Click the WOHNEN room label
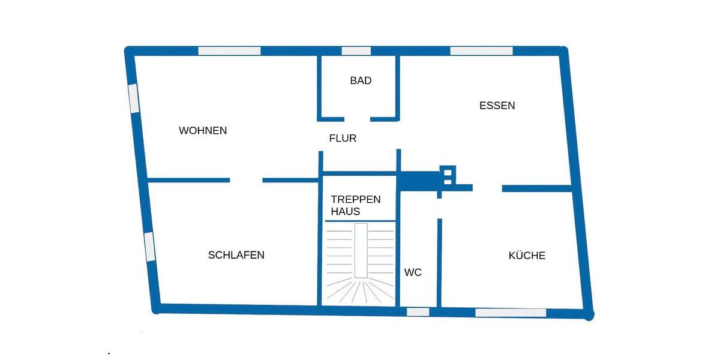(x=203, y=130)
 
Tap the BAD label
(x=361, y=80)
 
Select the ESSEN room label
(x=497, y=106)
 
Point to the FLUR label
(x=343, y=138)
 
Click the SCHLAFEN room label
(x=236, y=255)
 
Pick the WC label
(x=413, y=272)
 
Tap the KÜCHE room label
(x=527, y=256)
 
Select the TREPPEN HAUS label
(x=355, y=205)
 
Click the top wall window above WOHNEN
(x=229, y=51)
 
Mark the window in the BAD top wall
(x=356, y=51)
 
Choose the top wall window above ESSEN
(x=481, y=51)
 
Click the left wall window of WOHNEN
(x=134, y=98)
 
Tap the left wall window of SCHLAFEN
(x=149, y=246)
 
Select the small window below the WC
(x=418, y=312)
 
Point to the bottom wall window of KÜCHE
(x=511, y=313)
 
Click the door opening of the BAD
(x=357, y=119)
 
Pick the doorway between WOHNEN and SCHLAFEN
(x=246, y=180)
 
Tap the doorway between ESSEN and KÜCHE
(x=487, y=188)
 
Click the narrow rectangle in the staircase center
(x=361, y=251)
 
